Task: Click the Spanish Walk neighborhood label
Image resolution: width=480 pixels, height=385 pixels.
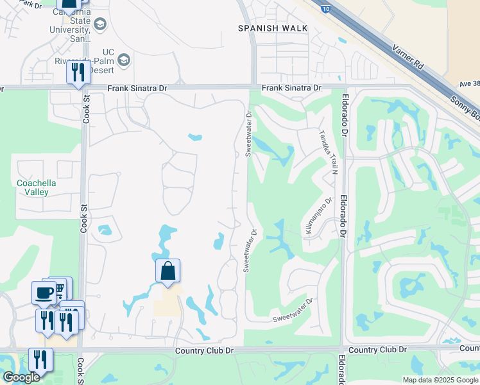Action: click(273, 28)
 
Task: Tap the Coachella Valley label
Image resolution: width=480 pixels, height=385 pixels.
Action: click(36, 187)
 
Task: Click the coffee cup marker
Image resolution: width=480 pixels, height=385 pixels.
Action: click(44, 293)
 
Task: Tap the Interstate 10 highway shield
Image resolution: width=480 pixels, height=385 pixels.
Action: click(326, 7)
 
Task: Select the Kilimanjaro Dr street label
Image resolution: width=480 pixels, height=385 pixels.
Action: click(318, 218)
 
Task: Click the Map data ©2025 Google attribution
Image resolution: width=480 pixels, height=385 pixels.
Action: click(440, 380)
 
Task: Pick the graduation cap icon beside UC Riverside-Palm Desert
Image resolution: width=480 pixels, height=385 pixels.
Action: click(124, 61)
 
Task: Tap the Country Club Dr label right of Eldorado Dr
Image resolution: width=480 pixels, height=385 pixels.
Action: click(379, 350)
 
